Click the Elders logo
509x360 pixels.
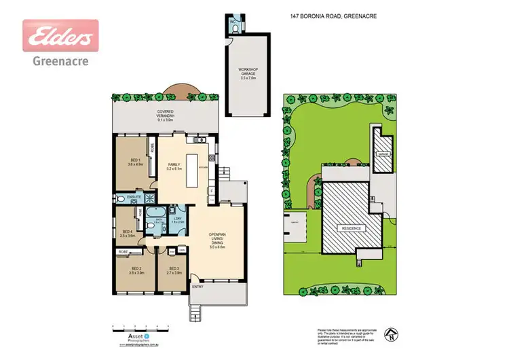pyautogui.click(x=60, y=35)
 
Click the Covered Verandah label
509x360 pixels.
pyautogui.click(x=166, y=113)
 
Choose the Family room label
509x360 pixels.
pyautogui.click(x=173, y=166)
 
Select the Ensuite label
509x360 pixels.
pyautogui.click(x=134, y=198)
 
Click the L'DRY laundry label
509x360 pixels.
pyautogui.click(x=177, y=219)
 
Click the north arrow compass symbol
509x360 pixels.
pyautogui.click(x=390, y=333)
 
